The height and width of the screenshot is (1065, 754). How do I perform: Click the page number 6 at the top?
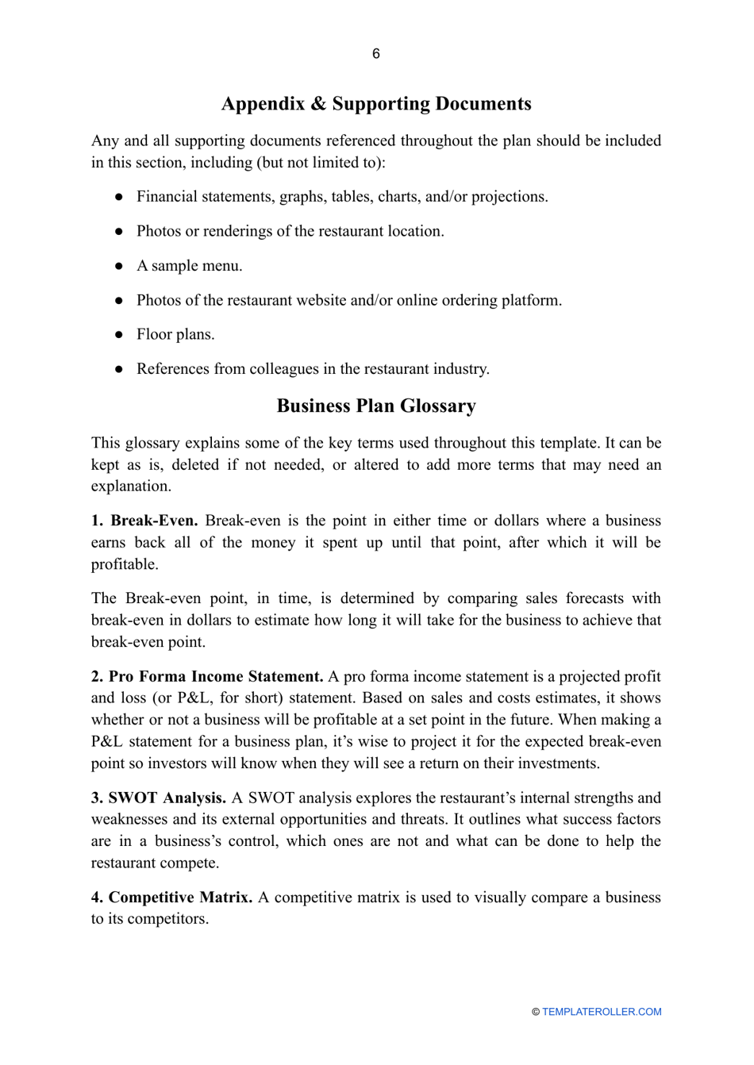click(376, 54)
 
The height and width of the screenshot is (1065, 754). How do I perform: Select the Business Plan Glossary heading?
click(376, 406)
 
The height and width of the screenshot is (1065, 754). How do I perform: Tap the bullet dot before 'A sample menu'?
click(118, 266)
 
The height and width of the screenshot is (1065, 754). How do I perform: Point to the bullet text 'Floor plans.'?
click(175, 334)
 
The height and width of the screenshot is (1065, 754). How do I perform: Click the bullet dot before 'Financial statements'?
click(118, 197)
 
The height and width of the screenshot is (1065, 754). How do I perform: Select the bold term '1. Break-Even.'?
click(144, 521)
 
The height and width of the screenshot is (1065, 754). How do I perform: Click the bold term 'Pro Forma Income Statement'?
click(215, 676)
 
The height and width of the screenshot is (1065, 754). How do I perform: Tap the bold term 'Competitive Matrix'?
click(180, 897)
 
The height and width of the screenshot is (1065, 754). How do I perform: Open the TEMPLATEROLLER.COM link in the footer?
click(602, 1012)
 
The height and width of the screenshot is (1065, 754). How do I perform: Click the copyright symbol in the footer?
click(536, 1012)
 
